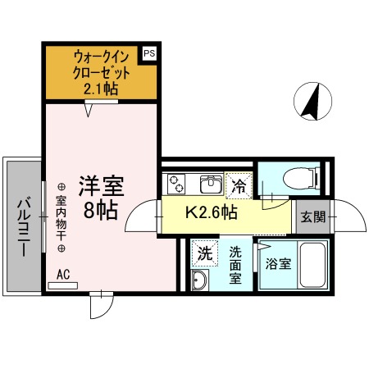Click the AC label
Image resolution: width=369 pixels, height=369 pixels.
(64, 276)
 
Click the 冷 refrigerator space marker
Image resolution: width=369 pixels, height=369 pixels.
(239, 184)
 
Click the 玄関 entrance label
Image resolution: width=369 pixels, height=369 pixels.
(312, 216)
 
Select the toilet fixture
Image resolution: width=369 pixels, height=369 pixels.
(293, 178)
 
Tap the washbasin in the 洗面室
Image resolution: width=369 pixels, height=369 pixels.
(199, 280)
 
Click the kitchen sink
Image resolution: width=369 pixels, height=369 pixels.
(208, 182)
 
